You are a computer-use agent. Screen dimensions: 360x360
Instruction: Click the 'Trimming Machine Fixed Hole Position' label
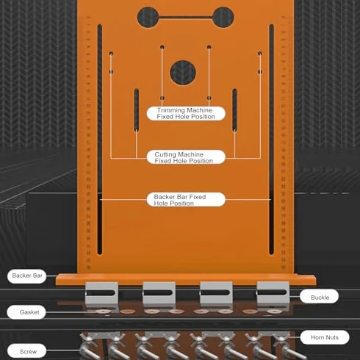186,113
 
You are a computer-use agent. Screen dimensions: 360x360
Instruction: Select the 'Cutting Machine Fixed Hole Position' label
186,157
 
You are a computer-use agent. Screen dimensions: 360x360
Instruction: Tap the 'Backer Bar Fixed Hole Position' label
186,200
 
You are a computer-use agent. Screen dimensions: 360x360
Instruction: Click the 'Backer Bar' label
27,276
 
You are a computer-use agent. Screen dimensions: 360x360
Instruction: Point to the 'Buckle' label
320,297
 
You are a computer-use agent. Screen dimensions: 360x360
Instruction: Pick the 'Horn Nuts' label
325,337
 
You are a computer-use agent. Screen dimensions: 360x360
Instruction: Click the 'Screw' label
27,351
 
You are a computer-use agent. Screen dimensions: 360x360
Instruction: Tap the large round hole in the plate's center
183,73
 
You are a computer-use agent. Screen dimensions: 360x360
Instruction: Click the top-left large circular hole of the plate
148,17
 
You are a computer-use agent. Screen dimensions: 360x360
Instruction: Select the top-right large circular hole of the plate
223,17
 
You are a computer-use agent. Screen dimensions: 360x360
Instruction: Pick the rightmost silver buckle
273,293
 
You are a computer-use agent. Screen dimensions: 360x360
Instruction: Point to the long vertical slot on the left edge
100,140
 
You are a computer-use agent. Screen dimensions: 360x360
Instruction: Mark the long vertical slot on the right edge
271,140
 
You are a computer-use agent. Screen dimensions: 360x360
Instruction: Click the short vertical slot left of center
137,109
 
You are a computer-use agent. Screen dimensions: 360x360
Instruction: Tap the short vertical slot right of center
234,109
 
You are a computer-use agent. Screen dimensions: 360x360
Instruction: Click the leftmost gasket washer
102,312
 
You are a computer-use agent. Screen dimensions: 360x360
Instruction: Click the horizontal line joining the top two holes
186,17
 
